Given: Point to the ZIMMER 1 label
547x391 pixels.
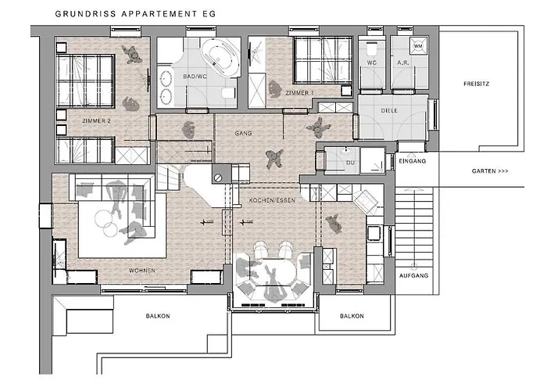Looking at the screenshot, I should click(299, 93).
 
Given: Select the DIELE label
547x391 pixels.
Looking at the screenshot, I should click(389, 111).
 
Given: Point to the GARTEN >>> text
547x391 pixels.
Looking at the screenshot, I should click(490, 170).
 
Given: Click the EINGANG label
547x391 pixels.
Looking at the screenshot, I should click(411, 161).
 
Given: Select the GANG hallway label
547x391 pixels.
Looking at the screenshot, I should click(242, 134).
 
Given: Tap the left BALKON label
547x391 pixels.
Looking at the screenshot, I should click(158, 316).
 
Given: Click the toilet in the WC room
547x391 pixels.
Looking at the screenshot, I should click(371, 49).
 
